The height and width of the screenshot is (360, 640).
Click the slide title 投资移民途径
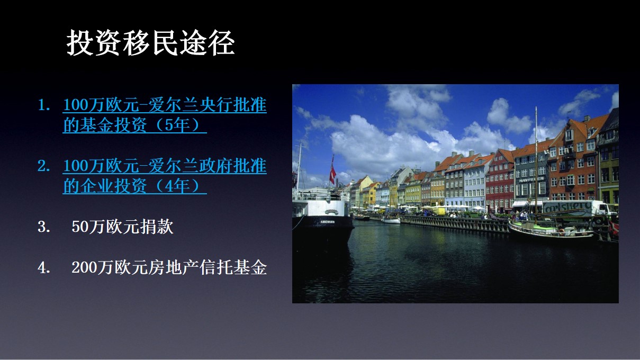click(x=150, y=43)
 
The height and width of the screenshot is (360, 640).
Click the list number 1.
click(x=44, y=105)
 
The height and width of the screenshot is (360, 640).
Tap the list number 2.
click(x=44, y=166)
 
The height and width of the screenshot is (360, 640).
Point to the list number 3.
click(x=44, y=227)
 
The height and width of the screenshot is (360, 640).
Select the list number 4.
click(x=44, y=268)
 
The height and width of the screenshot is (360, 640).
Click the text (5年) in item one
click(x=177, y=125)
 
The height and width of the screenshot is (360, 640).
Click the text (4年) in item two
click(x=177, y=186)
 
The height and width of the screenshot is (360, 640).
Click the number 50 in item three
click(x=80, y=227)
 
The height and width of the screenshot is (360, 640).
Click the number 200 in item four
click(x=84, y=268)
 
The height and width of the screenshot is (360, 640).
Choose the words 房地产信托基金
click(x=208, y=268)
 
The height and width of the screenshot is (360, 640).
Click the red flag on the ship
click(x=332, y=174)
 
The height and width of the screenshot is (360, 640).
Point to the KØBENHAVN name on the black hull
click(x=327, y=222)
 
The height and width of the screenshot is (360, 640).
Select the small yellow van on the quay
click(x=438, y=211)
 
